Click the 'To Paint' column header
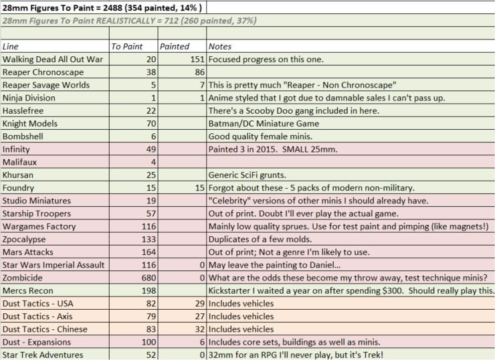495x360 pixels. click(x=126, y=46)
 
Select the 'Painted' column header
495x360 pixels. click(x=175, y=46)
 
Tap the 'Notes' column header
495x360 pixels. click(x=219, y=46)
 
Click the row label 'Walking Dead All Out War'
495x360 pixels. click(x=53, y=60)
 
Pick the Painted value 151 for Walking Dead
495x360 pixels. click(x=197, y=60)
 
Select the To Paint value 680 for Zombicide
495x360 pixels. click(x=148, y=278)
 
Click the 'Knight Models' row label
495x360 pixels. click(x=30, y=124)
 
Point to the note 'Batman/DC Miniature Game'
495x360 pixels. click(x=264, y=124)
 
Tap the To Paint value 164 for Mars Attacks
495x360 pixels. click(x=148, y=252)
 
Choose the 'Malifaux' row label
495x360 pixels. click(x=19, y=163)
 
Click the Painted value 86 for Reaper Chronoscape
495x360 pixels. click(x=200, y=72)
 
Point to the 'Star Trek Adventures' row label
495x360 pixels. click(x=43, y=355)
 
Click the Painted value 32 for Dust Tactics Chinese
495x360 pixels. click(x=200, y=329)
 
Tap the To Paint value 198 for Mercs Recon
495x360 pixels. click(x=148, y=291)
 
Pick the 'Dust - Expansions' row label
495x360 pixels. click(x=37, y=342)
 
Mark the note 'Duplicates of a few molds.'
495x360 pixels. click(x=260, y=240)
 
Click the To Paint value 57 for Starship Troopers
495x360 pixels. click(x=151, y=213)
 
